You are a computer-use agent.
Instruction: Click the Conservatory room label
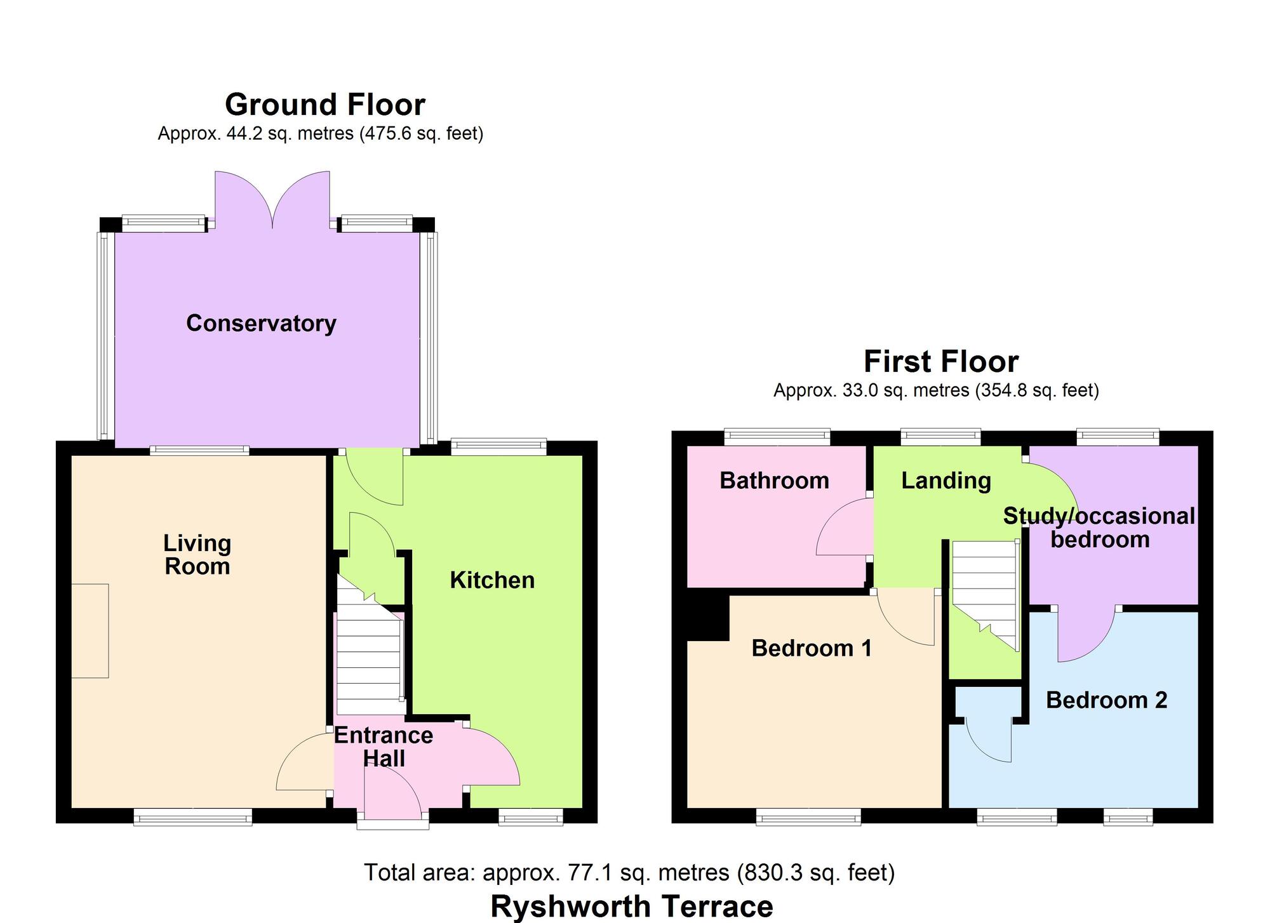[x=261, y=323]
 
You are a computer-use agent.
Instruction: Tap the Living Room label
[x=197, y=555]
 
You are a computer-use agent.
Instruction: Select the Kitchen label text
[x=492, y=580]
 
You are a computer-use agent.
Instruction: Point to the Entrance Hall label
[x=384, y=747]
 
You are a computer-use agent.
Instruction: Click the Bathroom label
[x=774, y=481]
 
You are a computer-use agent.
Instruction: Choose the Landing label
[x=946, y=481]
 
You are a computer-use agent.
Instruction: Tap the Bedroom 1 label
[x=812, y=648]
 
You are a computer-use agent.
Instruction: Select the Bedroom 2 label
[x=1106, y=700]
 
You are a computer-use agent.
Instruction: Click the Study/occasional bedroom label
[x=1099, y=528]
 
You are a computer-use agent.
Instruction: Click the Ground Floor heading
[x=324, y=105]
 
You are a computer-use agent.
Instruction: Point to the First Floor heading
[x=941, y=362]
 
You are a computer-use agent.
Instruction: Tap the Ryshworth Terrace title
[x=631, y=906]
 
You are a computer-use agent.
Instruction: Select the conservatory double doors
[x=272, y=200]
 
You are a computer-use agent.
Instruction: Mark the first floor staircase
[x=984, y=590]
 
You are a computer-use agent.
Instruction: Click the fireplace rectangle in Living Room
[x=90, y=631]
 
